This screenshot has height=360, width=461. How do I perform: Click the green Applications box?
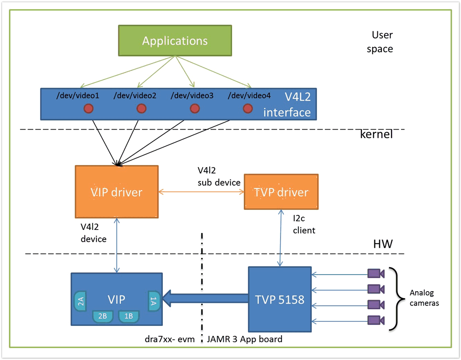175,41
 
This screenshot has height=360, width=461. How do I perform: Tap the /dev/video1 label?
78,95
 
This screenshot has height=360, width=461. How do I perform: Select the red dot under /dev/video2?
141,108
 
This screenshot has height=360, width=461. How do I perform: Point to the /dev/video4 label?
249,95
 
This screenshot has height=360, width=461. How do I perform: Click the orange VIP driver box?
116,192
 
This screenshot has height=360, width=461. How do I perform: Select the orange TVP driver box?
281,192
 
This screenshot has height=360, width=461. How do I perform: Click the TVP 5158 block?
280,299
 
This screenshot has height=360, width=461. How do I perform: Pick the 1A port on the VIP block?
154,301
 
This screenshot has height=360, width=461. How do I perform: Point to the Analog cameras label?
424,298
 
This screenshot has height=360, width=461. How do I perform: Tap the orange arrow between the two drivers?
201,192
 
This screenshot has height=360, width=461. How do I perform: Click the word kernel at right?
376,134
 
